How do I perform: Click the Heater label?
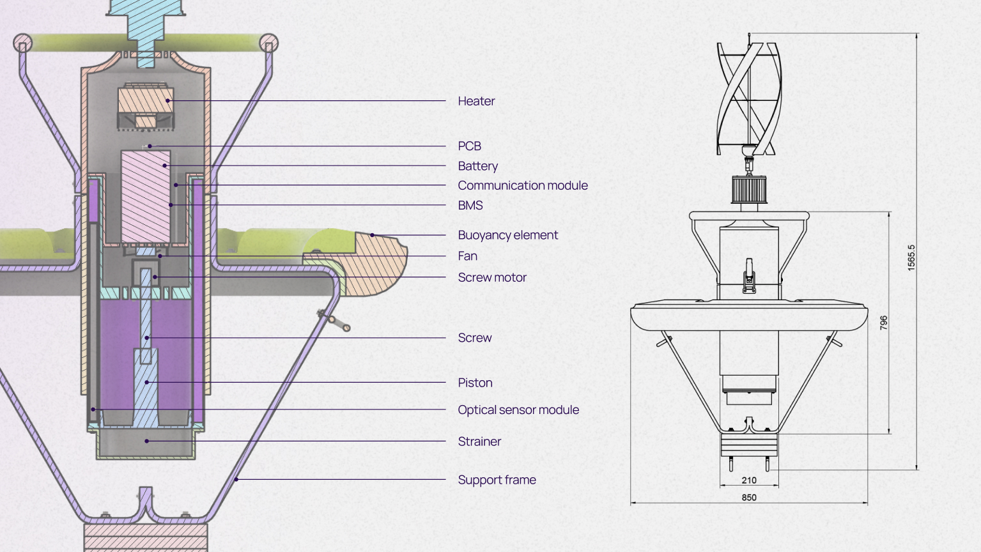pos(476,101)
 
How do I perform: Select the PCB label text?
pos(469,146)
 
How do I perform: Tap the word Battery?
pos(477,166)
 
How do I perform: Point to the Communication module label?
pos(522,185)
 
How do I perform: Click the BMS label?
pos(470,205)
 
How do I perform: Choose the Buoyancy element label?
pos(507,235)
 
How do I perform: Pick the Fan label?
pos(467,256)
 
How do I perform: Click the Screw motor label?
pos(492,277)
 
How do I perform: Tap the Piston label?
pos(475,383)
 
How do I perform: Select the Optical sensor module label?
pos(518,410)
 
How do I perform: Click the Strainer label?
pos(479,441)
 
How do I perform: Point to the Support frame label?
pos(497,480)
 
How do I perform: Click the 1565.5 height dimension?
pos(911,257)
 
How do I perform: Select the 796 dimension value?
pos(883,323)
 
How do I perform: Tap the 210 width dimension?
pos(749,480)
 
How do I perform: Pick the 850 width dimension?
pos(749,497)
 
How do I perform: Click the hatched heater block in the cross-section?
pos(146,102)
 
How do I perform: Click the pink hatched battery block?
pos(146,195)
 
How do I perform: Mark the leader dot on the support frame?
pos(236,479)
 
